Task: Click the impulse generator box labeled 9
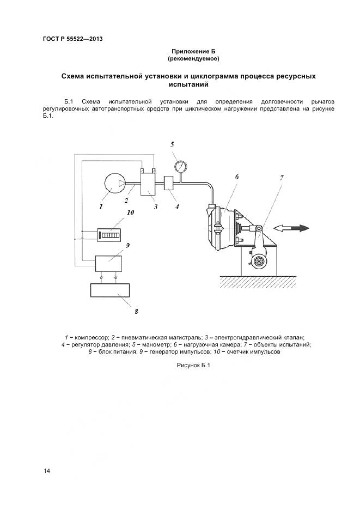point(108,263)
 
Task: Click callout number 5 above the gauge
point(172,144)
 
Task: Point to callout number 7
point(282,178)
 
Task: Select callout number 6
point(237,177)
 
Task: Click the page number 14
point(46,470)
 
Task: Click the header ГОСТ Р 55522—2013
point(72,39)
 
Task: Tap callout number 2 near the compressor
point(126,201)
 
